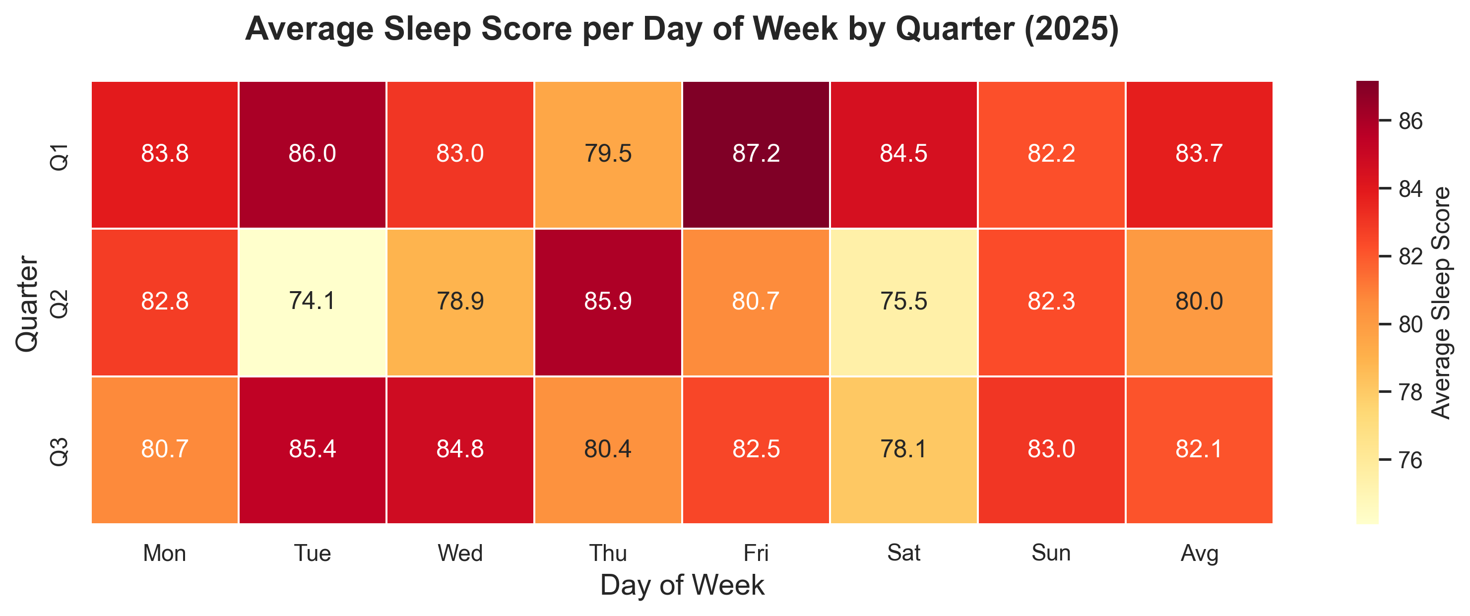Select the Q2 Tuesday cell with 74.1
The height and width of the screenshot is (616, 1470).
(x=312, y=302)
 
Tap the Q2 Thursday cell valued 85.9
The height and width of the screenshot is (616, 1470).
(x=608, y=302)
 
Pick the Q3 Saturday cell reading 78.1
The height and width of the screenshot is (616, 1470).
(x=903, y=449)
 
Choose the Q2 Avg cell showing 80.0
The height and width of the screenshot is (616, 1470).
(x=1199, y=302)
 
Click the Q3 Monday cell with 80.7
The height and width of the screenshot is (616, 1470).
(x=164, y=449)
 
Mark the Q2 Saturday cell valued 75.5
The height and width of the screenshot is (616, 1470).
(x=903, y=302)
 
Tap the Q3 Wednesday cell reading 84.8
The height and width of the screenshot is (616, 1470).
(x=460, y=449)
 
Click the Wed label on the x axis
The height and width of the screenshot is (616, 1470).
(x=460, y=554)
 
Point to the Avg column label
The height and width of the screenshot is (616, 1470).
(x=1199, y=554)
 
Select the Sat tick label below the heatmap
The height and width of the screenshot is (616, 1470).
(x=903, y=554)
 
